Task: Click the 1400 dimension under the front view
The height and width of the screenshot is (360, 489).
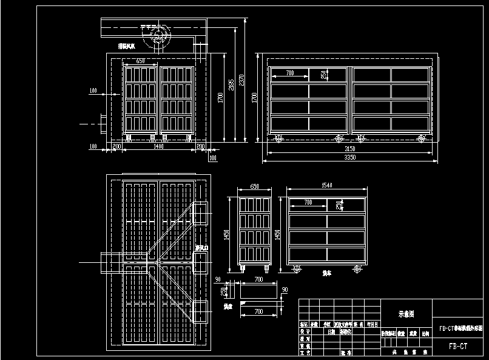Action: click(x=158, y=147)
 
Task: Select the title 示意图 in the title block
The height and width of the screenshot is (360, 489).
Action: click(x=406, y=314)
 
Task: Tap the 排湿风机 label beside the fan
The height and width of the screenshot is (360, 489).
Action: click(x=127, y=46)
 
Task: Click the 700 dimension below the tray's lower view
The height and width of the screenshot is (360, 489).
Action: click(x=258, y=312)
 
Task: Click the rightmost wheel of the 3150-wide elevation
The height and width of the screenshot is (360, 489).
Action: click(x=420, y=139)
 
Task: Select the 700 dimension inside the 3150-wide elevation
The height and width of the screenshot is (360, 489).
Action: click(x=289, y=73)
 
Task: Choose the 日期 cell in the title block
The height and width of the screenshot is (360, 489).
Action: click(x=331, y=333)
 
